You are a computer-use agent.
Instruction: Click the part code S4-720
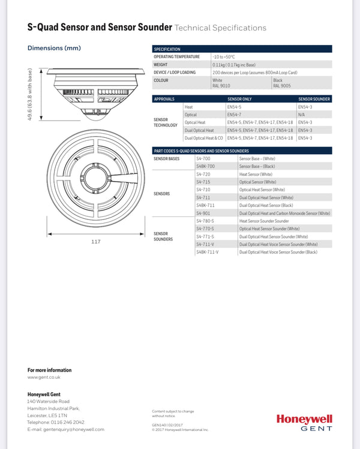coord(203,174)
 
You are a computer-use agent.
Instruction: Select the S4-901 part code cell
coord(203,213)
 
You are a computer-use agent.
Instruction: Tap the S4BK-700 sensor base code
coord(205,166)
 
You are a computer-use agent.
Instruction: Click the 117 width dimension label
coord(96,242)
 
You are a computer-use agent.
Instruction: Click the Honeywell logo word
coord(304,419)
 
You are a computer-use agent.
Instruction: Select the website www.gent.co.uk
coord(44,377)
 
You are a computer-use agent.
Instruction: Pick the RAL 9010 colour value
coord(221,86)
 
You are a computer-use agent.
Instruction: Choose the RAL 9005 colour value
coord(282,86)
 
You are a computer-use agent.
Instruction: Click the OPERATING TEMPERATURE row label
coord(176,56)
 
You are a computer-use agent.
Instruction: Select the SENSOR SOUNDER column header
coord(314,99)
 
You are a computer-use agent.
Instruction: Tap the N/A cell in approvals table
coord(301,114)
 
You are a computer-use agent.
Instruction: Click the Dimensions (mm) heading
coord(54,48)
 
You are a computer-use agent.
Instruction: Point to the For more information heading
coord(49,370)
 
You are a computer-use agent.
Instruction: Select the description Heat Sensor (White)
coord(256,174)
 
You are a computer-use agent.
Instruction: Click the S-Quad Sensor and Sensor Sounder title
coord(100,28)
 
